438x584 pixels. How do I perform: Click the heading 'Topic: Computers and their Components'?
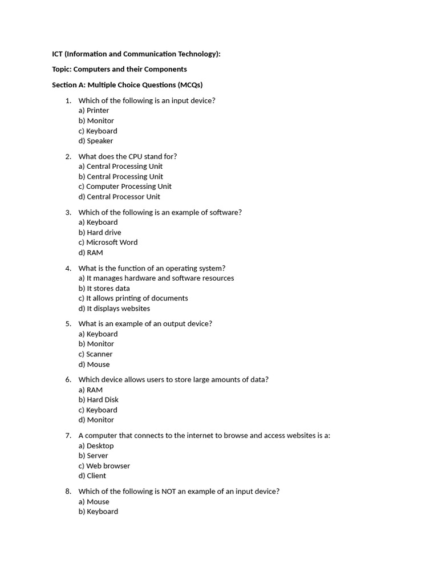(x=119, y=69)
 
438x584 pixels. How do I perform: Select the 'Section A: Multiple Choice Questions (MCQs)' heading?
(x=127, y=85)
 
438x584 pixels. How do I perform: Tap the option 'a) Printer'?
(x=94, y=111)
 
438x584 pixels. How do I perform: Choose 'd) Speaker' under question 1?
(x=96, y=141)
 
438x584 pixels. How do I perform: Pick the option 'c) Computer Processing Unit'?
(x=125, y=186)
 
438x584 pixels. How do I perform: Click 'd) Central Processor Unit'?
(x=119, y=197)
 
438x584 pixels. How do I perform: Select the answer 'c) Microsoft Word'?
(x=108, y=242)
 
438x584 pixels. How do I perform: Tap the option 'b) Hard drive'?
(x=100, y=233)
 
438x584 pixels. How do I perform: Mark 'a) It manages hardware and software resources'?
(x=156, y=278)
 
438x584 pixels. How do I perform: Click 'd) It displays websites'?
(x=114, y=309)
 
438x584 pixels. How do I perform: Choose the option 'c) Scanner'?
(x=95, y=354)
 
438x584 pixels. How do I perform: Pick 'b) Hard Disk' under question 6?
(x=98, y=400)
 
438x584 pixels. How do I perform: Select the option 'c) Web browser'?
(x=104, y=466)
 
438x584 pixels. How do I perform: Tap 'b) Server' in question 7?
(x=93, y=456)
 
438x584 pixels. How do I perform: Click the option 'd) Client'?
(x=92, y=476)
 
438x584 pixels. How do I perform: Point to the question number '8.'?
(x=68, y=492)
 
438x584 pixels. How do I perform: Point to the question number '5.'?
(x=68, y=324)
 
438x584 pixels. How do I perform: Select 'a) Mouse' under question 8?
(x=94, y=502)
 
